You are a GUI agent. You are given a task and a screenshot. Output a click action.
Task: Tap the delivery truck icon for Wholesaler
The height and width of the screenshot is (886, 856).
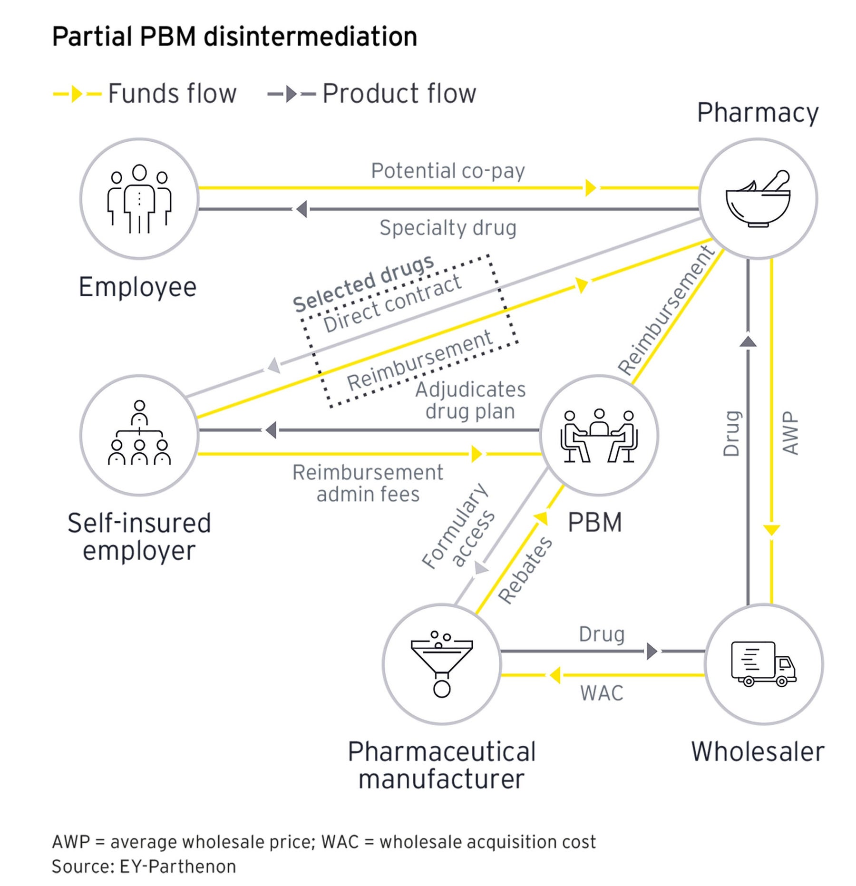pyautogui.click(x=763, y=663)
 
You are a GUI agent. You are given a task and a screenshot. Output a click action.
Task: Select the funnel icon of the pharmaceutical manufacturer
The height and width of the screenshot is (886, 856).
pyautogui.click(x=442, y=663)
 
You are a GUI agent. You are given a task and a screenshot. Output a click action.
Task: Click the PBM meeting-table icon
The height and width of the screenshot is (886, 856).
pyautogui.click(x=599, y=436)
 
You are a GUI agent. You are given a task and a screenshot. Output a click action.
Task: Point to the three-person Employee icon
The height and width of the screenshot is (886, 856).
pyautogui.click(x=139, y=199)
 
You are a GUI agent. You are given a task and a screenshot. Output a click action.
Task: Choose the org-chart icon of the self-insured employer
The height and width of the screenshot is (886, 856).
pyautogui.click(x=139, y=433)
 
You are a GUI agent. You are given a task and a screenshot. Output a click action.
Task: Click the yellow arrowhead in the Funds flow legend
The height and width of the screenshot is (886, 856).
pyautogui.click(x=77, y=94)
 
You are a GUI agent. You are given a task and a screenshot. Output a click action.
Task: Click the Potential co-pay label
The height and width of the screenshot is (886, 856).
pyautogui.click(x=447, y=171)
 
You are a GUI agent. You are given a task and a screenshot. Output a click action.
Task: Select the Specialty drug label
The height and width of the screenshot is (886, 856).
pyautogui.click(x=447, y=228)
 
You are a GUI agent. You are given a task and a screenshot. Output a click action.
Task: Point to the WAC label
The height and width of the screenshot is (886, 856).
pyautogui.click(x=601, y=693)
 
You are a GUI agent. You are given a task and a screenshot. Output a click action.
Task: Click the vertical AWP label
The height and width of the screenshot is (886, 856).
pyautogui.click(x=790, y=433)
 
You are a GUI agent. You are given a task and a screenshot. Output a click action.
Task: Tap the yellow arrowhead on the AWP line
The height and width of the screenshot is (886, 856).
pyautogui.click(x=771, y=529)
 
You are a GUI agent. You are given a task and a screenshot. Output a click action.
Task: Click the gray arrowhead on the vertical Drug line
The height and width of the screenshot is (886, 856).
pyautogui.click(x=748, y=341)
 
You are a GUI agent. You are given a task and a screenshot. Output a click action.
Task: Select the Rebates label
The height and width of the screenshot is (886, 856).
pyautogui.click(x=525, y=570)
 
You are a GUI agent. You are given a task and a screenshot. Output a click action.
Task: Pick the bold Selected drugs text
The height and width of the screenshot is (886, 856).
pyautogui.click(x=363, y=283)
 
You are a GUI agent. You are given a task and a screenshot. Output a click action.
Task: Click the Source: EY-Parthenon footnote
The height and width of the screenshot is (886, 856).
pyautogui.click(x=144, y=867)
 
